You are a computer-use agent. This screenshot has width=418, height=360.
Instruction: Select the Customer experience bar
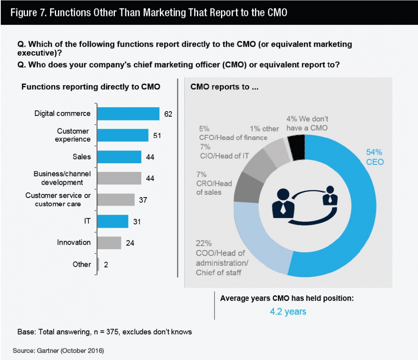[x=123, y=135]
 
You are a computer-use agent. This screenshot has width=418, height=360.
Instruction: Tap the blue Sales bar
[x=120, y=157]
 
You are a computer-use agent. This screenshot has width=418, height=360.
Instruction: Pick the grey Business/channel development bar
[x=120, y=178]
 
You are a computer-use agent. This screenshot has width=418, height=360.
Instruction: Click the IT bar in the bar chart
[x=113, y=221]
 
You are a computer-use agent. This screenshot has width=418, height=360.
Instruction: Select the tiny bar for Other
[x=98, y=264]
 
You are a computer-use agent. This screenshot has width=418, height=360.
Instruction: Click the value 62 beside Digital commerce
[x=168, y=114]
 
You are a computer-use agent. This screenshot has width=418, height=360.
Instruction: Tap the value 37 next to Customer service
[x=143, y=200]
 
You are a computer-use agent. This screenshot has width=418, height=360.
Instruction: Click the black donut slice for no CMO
[x=298, y=147]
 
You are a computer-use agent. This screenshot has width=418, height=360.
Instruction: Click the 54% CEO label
[x=375, y=157]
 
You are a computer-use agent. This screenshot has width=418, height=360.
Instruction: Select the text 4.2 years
[x=288, y=311]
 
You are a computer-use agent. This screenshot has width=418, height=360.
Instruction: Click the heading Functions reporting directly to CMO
[x=90, y=86]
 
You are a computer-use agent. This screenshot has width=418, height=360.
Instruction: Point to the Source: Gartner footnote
[x=58, y=351]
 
